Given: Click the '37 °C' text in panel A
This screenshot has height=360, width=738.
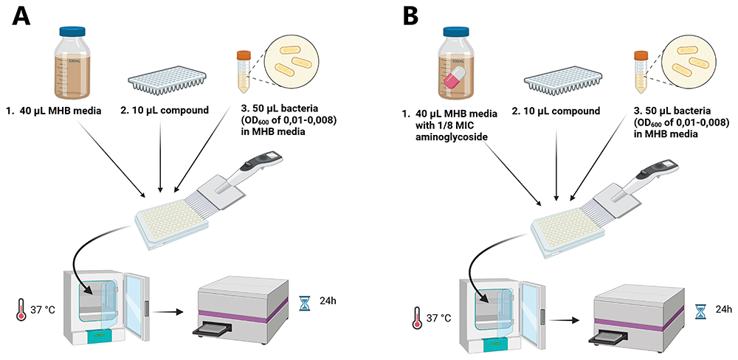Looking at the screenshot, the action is pyautogui.click(x=44, y=310).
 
